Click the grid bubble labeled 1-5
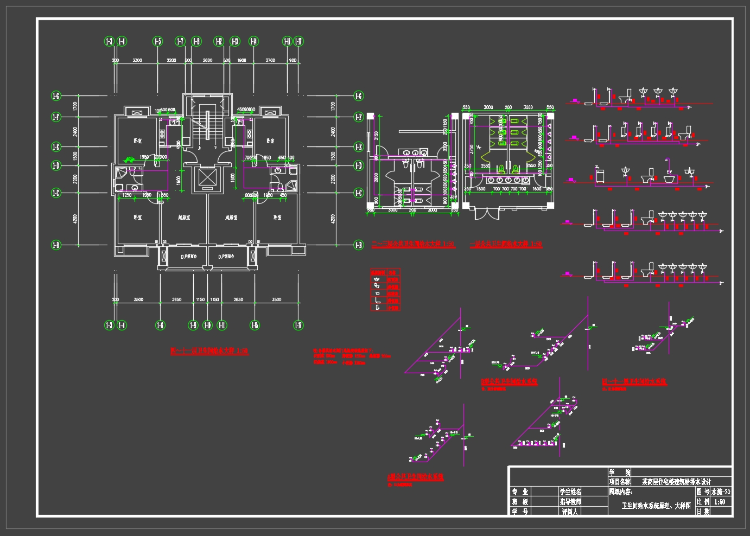[x=157, y=41]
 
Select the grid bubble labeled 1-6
[x=160, y=325]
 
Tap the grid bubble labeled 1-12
[x=219, y=41]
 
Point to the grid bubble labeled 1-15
[x=255, y=325]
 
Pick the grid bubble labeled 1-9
[x=193, y=325]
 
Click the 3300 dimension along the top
[x=137, y=60]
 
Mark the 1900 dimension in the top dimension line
[x=242, y=60]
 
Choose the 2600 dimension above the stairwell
[x=207, y=60]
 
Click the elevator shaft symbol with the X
[x=207, y=177]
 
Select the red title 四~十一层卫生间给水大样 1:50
[x=209, y=352]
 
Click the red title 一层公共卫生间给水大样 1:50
[x=506, y=245]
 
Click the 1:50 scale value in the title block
[x=720, y=502]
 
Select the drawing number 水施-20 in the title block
[x=721, y=492]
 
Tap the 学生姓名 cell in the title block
[x=570, y=492]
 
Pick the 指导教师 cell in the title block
[x=570, y=502]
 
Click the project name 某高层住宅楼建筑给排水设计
[x=676, y=481]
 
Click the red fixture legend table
[x=385, y=290]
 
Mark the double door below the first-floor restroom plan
[x=486, y=213]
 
